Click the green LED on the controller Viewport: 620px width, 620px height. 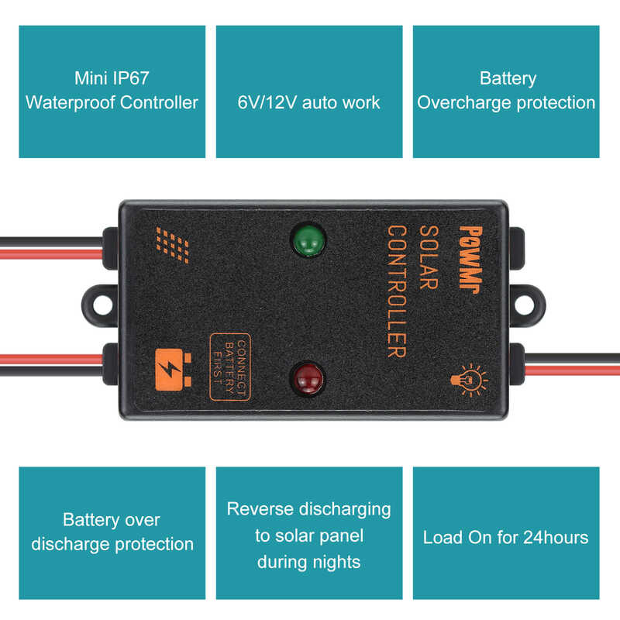[308, 241]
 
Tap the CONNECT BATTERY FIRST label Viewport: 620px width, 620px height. [229, 367]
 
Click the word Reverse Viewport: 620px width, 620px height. [260, 509]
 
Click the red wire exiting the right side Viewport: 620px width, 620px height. [573, 357]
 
